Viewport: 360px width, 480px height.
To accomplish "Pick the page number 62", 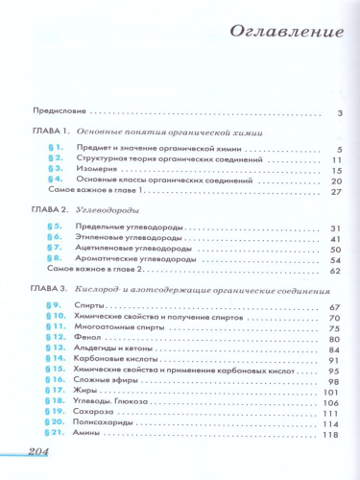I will (336, 272).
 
